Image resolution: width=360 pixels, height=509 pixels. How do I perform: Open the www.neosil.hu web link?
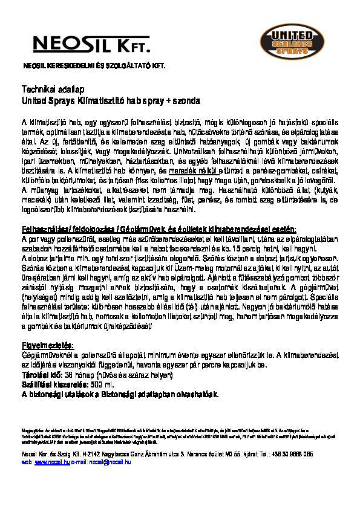click(48, 461)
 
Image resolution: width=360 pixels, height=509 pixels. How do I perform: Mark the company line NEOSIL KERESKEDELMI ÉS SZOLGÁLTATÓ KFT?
click(94, 65)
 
